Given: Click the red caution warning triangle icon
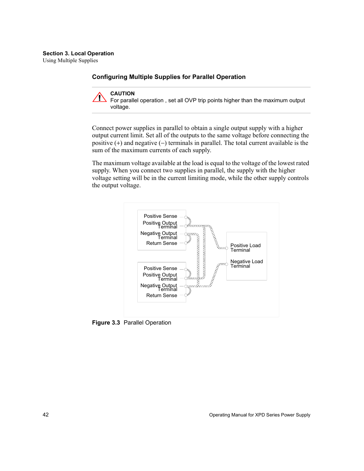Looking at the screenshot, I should click(x=99, y=98).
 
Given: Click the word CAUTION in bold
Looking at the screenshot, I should click(x=122, y=93).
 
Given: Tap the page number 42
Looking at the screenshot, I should click(x=46, y=415).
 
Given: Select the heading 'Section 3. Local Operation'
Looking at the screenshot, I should click(x=78, y=53).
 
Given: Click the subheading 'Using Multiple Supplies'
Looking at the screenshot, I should click(x=70, y=60).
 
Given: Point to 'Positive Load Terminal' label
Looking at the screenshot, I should click(x=245, y=248).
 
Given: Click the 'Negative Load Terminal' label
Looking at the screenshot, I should click(x=246, y=264).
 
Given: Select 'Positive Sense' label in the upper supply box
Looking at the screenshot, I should click(x=160, y=216).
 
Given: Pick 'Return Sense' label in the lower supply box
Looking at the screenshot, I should click(x=161, y=295).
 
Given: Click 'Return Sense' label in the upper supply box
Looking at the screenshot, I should click(x=161, y=243).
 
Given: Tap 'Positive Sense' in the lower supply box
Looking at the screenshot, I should click(x=160, y=268).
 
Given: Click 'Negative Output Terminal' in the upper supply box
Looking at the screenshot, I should click(x=159, y=235).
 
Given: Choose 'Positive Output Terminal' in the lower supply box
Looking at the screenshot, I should click(x=160, y=276).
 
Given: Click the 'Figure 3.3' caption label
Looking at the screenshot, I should click(x=106, y=323).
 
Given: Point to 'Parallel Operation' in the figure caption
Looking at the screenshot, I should click(x=147, y=323).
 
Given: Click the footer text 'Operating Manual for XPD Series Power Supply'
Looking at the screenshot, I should click(x=259, y=415).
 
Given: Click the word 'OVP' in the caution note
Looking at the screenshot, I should click(x=190, y=100).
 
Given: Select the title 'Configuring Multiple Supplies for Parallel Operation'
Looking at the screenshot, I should click(x=169, y=77).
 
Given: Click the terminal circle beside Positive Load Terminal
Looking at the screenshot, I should click(x=227, y=248).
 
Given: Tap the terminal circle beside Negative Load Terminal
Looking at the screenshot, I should click(x=227, y=264).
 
